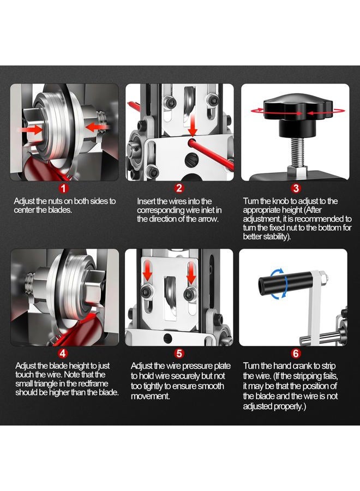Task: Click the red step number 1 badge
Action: [64, 188]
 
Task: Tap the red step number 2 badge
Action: [179, 188]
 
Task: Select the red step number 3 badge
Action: [296, 188]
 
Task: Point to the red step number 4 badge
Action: [64, 353]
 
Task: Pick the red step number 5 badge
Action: [179, 353]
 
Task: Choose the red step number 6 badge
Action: [296, 353]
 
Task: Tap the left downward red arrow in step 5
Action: [147, 272]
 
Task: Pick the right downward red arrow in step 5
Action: [191, 272]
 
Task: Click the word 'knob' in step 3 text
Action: [280, 201]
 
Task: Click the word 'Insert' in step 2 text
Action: [146, 201]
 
